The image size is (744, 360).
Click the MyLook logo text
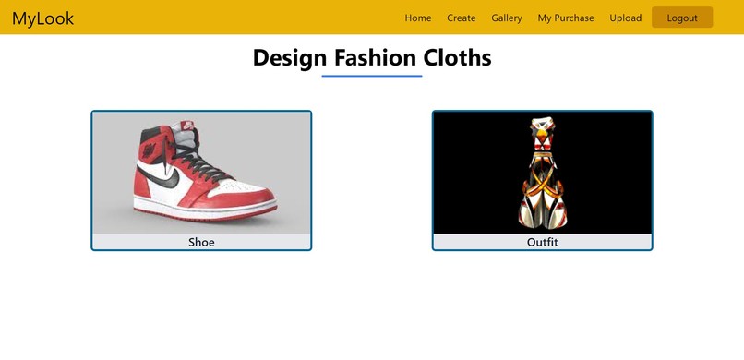click(42, 18)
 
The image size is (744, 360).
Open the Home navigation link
click(418, 18)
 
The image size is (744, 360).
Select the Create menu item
click(462, 18)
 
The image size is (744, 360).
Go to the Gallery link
click(507, 18)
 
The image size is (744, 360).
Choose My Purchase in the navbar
click(566, 18)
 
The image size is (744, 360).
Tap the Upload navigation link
click(626, 18)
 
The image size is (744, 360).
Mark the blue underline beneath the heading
click(372, 76)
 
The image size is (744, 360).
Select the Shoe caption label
click(201, 243)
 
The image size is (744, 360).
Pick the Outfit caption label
click(543, 243)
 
